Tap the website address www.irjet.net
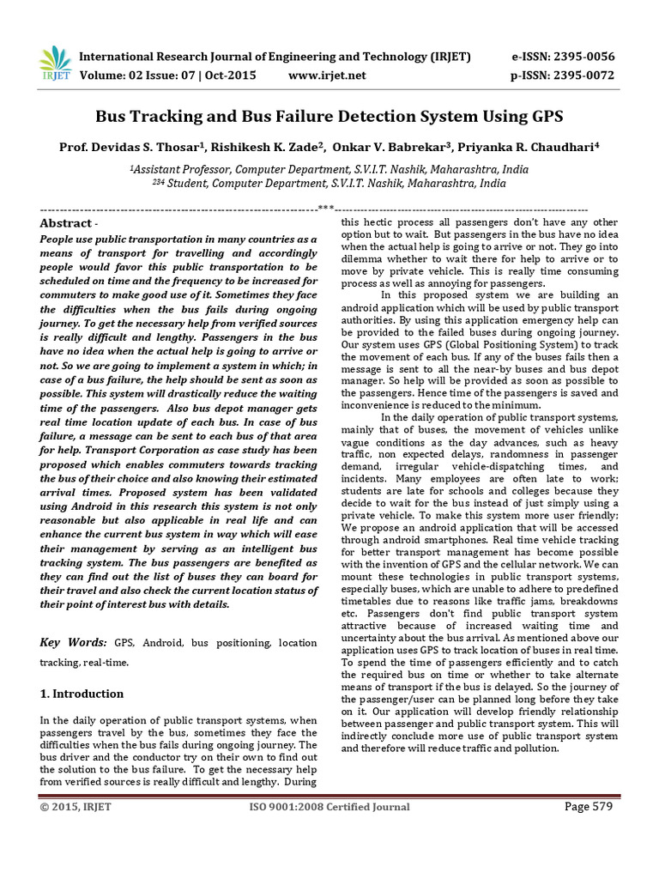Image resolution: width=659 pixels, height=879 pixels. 327,76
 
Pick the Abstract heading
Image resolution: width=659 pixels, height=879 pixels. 65,223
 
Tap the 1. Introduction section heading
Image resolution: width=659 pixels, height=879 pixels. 82,694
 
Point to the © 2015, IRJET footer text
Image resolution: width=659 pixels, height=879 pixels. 76,807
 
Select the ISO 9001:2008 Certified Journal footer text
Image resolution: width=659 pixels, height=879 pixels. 329,807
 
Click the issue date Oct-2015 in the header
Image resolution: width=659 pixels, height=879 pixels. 230,76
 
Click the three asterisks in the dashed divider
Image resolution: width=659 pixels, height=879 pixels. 325,208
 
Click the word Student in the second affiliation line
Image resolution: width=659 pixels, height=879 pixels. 186,183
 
